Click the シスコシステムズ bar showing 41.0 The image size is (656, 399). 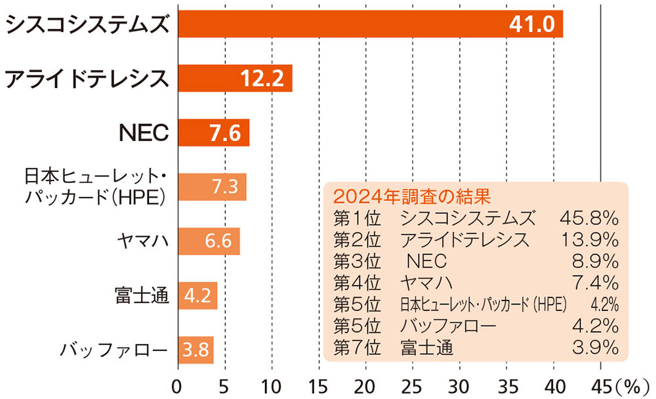pyautogui.click(x=370, y=24)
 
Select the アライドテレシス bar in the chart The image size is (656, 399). pyautogui.click(x=234, y=79)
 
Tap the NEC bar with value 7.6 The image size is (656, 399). pyautogui.click(x=213, y=133)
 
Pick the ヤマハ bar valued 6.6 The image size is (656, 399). pyautogui.click(x=209, y=241)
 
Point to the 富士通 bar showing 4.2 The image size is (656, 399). pyautogui.click(x=197, y=295)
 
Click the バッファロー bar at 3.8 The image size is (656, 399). pyautogui.click(x=195, y=350)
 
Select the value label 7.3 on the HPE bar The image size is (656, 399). pyautogui.click(x=224, y=187)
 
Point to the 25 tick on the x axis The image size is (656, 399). pyautogui.click(x=412, y=385)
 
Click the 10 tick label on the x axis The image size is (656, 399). pyautogui.click(x=271, y=385)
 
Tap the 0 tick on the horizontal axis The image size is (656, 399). pyautogui.click(x=177, y=385)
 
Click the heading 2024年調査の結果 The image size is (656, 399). pyautogui.click(x=412, y=196)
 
